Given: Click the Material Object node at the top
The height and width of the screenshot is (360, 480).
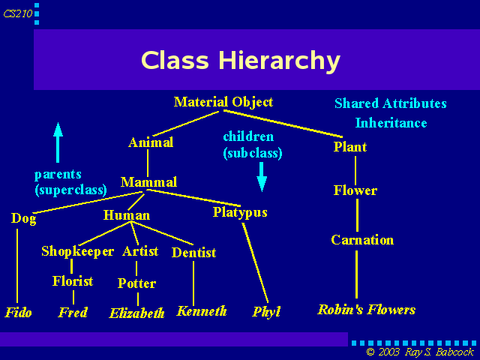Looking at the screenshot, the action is [x=223, y=102].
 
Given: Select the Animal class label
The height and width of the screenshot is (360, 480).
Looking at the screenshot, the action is [x=151, y=142].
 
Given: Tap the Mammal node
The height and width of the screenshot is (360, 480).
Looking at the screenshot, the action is [x=148, y=182].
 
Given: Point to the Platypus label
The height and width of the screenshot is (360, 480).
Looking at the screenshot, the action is [x=240, y=212].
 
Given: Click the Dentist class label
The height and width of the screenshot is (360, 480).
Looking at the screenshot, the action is [x=193, y=253].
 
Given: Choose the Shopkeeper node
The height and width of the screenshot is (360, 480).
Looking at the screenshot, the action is [x=77, y=251].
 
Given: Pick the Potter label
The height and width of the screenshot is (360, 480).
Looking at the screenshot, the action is [x=136, y=283].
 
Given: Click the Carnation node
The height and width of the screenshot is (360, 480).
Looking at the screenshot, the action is [x=362, y=240].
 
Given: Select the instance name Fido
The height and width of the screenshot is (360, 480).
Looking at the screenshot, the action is [x=18, y=312].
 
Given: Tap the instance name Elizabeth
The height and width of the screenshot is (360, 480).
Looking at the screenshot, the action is [x=136, y=313].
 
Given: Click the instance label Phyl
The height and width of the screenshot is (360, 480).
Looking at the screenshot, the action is [x=266, y=312].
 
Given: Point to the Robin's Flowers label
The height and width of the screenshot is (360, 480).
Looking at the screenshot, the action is [x=367, y=310].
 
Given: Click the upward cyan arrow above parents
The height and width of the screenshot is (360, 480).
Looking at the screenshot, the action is [x=58, y=142].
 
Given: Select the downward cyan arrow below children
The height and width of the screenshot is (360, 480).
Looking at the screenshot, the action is [x=262, y=177].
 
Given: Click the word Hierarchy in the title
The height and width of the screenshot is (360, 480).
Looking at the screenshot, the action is [x=279, y=61].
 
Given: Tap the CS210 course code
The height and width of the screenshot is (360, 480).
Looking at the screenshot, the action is [x=18, y=13].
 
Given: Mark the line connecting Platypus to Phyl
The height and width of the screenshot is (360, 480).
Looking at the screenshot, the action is [x=255, y=263].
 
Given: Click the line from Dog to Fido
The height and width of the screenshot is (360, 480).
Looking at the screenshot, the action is [x=17, y=265].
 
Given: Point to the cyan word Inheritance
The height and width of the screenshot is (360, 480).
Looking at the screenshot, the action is [x=391, y=123].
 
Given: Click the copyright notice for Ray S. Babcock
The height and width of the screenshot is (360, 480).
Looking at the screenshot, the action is [x=420, y=352].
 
